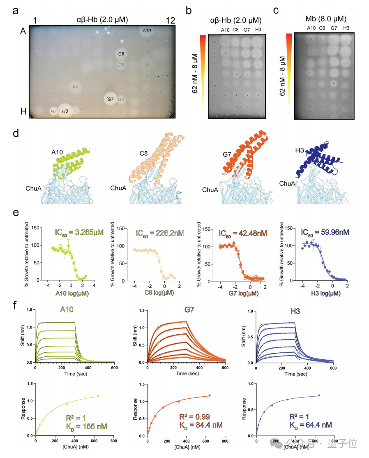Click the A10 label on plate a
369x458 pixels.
(147, 30)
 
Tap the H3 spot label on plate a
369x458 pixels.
(65, 111)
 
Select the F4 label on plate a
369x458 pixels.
(76, 87)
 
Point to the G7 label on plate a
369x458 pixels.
(110, 99)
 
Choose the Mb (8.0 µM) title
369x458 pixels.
(326, 19)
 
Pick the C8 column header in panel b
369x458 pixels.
(236, 30)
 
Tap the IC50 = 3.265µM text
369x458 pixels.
(79, 233)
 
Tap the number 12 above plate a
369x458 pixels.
(171, 20)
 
